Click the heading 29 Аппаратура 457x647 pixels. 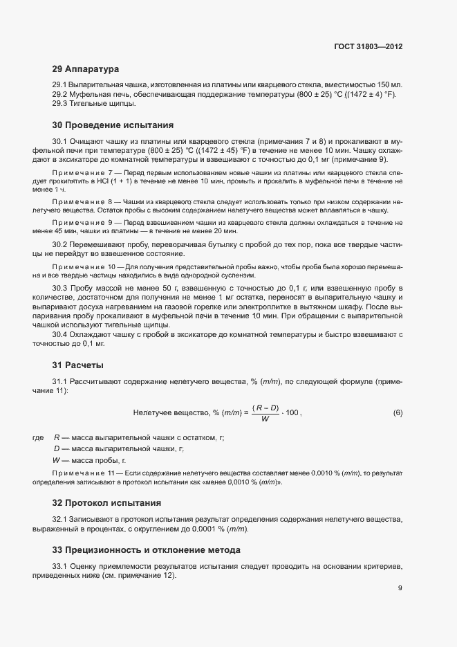coord(86,69)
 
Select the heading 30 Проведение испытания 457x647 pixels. coord(112,125)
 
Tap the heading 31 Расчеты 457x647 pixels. coord(77,365)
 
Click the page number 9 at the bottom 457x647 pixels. coord(400,589)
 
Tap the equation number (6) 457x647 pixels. coord(398,413)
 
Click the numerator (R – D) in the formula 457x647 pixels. coord(265,408)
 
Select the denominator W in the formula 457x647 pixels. coord(265,419)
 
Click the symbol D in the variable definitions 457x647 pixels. coord(56,449)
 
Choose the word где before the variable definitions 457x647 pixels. coord(38,438)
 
